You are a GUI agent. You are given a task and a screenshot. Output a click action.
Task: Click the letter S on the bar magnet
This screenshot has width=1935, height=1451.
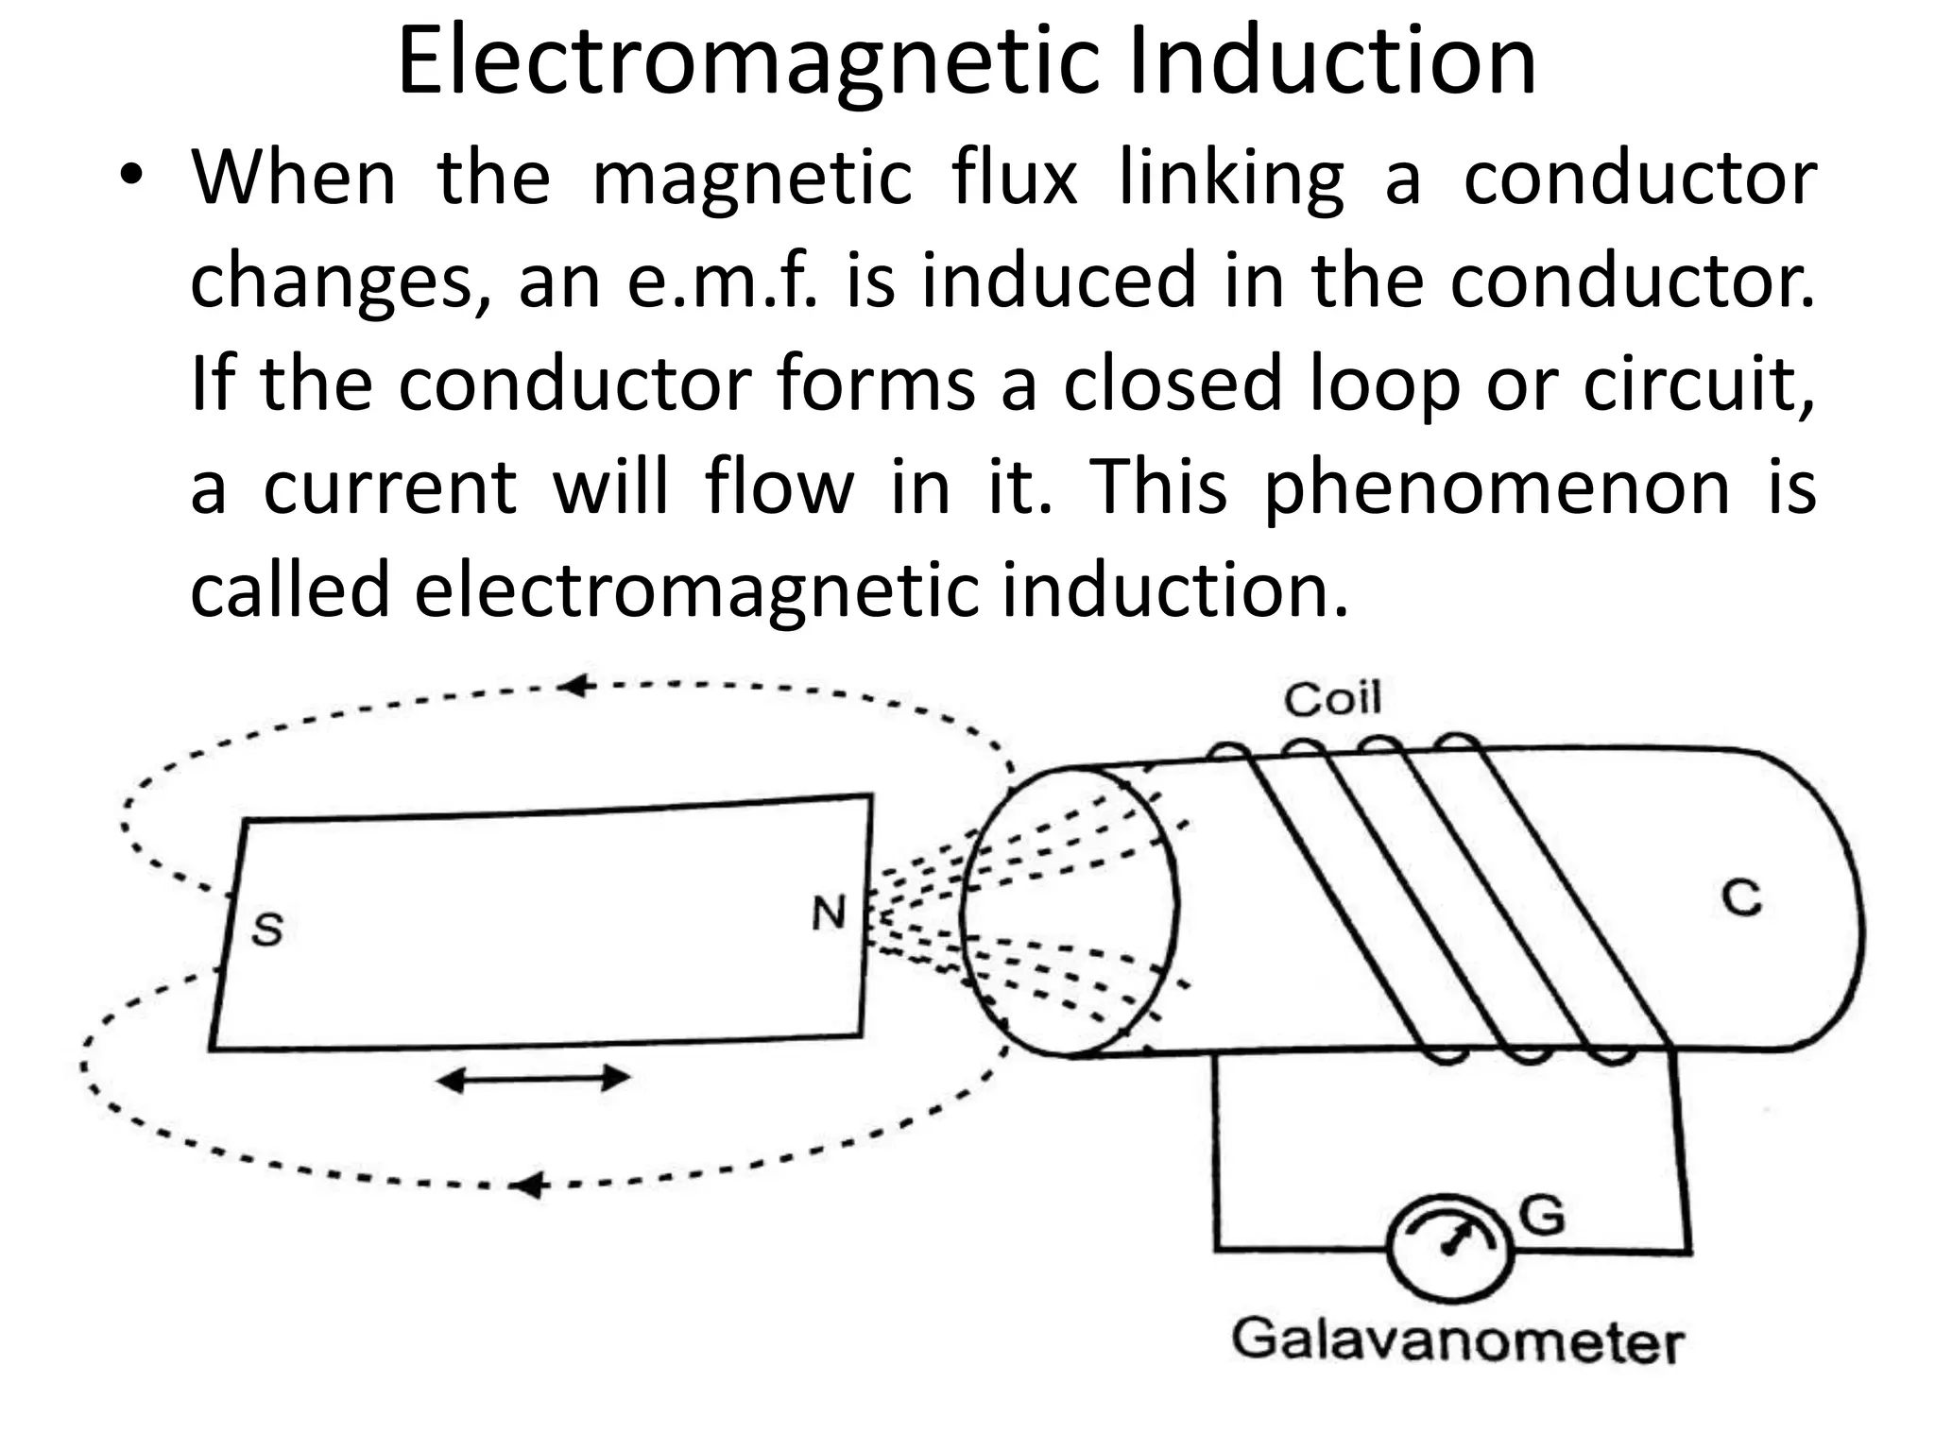[267, 930]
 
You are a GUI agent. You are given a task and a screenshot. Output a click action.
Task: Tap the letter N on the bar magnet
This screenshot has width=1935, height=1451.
[829, 913]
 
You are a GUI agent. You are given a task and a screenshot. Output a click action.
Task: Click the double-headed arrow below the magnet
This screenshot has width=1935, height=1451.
[533, 1078]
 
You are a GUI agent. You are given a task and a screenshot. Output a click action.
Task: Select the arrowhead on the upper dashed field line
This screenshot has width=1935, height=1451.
[574, 687]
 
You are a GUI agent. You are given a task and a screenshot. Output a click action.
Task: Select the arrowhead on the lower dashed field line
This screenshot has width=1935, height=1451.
[530, 1185]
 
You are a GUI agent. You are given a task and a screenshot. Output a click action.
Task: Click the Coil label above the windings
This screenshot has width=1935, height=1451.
[1332, 699]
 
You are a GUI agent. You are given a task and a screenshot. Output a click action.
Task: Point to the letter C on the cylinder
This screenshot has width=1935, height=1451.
[1740, 898]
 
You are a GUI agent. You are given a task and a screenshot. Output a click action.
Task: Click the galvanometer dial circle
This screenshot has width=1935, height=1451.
[1449, 1247]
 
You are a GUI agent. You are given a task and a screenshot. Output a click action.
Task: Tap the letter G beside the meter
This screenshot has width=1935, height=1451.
[1542, 1215]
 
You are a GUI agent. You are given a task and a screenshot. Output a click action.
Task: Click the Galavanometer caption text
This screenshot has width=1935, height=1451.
[1457, 1341]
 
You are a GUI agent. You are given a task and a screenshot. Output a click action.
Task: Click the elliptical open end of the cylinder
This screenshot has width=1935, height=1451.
[1069, 911]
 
